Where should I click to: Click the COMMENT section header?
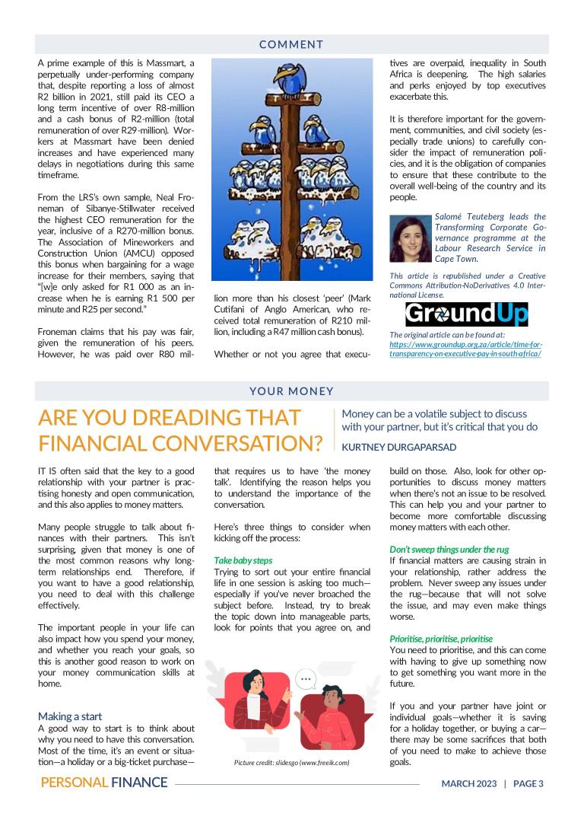point(291,44)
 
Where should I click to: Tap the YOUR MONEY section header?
point(291,391)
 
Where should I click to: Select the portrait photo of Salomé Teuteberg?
point(410,238)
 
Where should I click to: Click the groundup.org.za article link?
point(465,349)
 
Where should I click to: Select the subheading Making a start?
point(71,716)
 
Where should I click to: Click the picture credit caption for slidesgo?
point(291,762)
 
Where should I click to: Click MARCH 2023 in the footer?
point(469,783)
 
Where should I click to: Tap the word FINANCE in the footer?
point(138,783)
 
